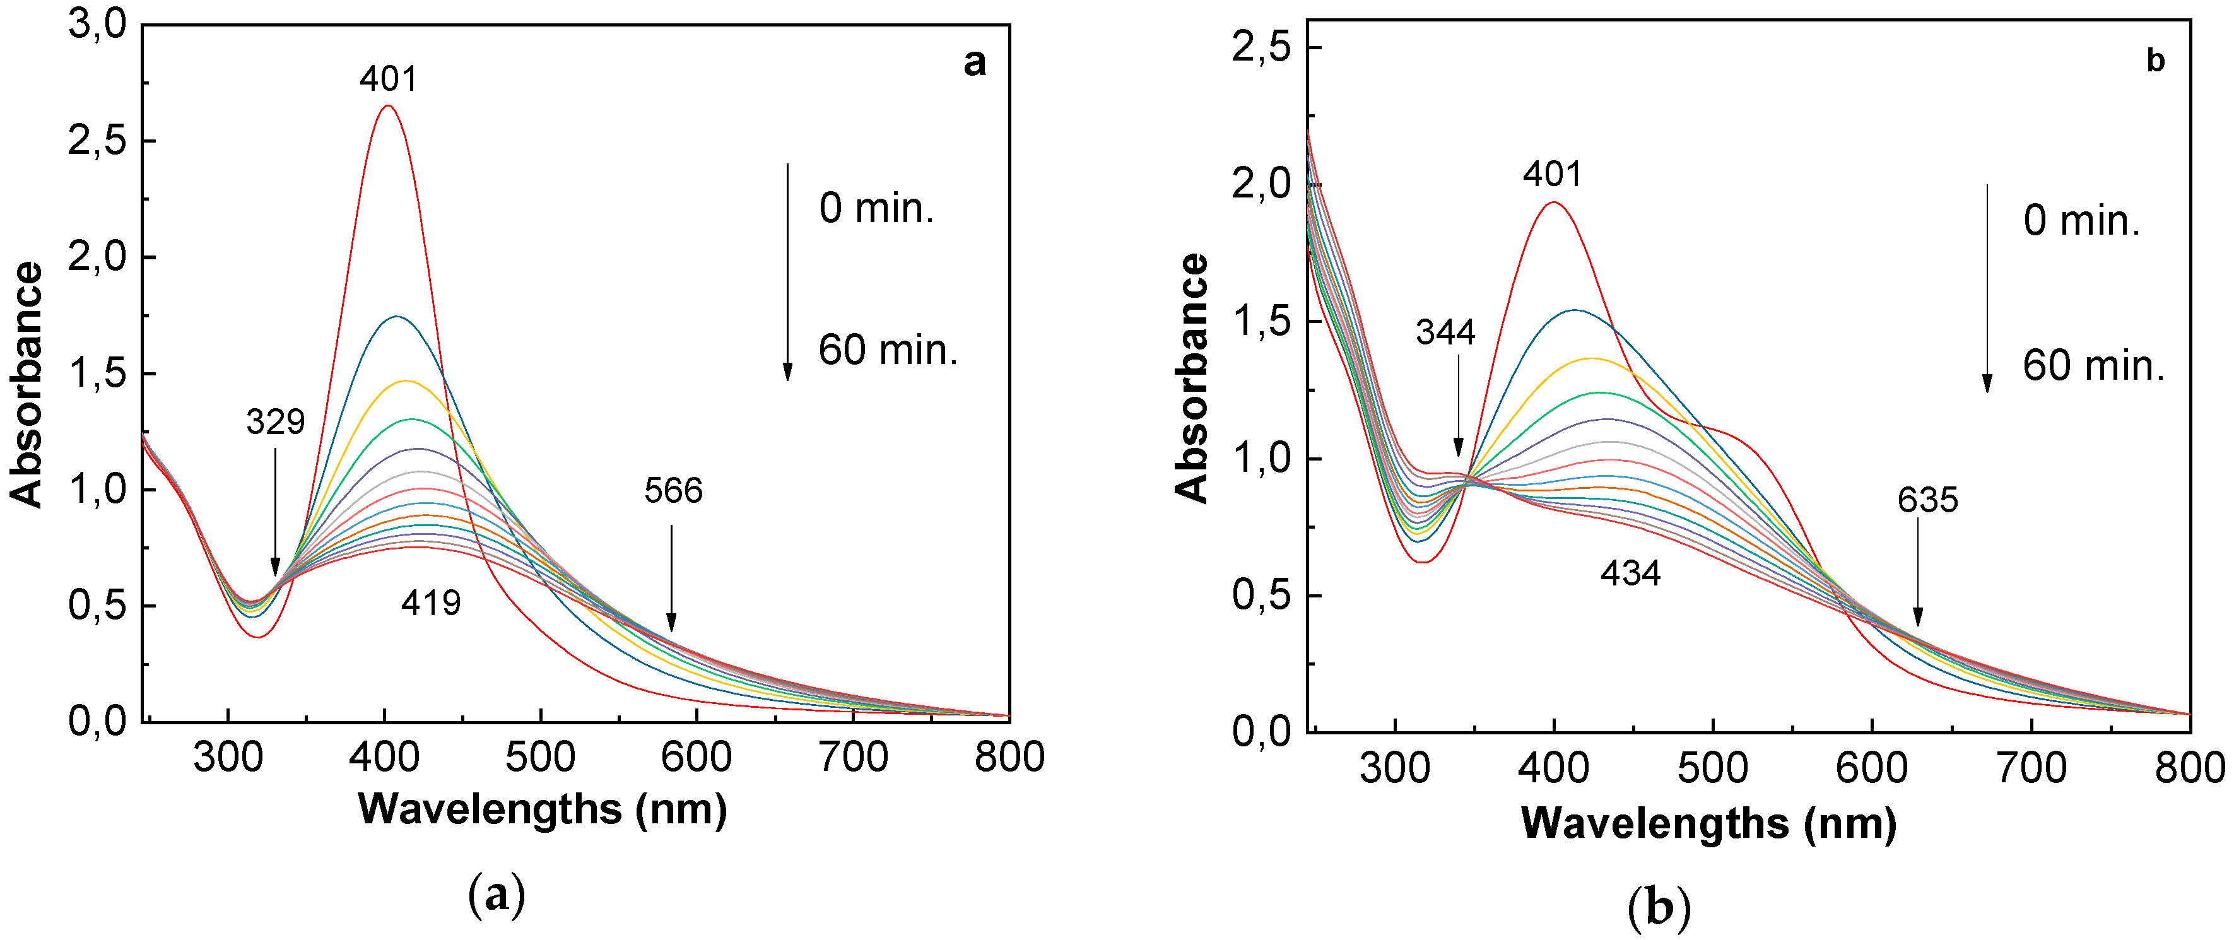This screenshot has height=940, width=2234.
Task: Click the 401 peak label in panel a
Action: click(389, 79)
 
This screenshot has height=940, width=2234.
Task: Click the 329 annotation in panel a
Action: click(275, 421)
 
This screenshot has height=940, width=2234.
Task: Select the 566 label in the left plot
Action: click(673, 491)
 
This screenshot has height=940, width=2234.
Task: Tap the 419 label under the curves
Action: click(430, 602)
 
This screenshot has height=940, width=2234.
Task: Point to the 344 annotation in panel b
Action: click(1445, 332)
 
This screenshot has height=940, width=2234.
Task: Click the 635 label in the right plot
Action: click(1927, 500)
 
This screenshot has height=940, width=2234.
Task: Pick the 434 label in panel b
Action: click(1630, 573)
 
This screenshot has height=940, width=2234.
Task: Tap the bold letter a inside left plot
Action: click(974, 62)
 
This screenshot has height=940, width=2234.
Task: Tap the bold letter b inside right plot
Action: click(2155, 61)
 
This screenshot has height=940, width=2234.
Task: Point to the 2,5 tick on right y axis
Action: click(1261, 47)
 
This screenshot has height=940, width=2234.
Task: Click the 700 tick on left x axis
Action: click(854, 757)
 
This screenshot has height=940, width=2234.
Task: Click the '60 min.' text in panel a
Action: click(887, 350)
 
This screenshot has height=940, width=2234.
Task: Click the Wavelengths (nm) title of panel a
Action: click(542, 809)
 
